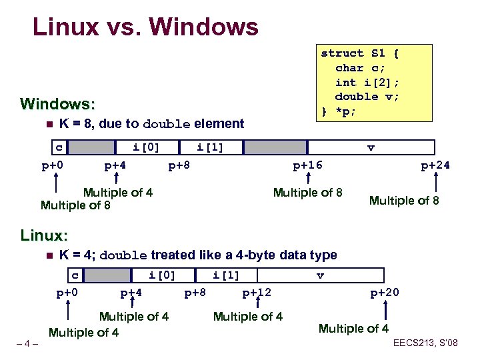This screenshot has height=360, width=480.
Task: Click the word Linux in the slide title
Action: (65, 27)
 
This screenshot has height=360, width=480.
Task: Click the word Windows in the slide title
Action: (203, 27)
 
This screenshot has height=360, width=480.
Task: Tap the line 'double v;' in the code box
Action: (367, 96)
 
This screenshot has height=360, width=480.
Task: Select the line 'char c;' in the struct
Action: (359, 67)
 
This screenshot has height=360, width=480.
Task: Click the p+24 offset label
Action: (435, 165)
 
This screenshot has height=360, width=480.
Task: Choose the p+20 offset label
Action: (385, 292)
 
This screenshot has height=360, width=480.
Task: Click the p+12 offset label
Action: (257, 292)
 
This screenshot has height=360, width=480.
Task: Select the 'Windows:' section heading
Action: (58, 104)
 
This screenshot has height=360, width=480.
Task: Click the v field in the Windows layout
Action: (371, 147)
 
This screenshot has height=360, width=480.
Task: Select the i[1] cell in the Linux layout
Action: (225, 275)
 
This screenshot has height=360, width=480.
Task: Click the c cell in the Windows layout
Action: (59, 147)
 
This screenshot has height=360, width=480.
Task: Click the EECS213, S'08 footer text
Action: (425, 344)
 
